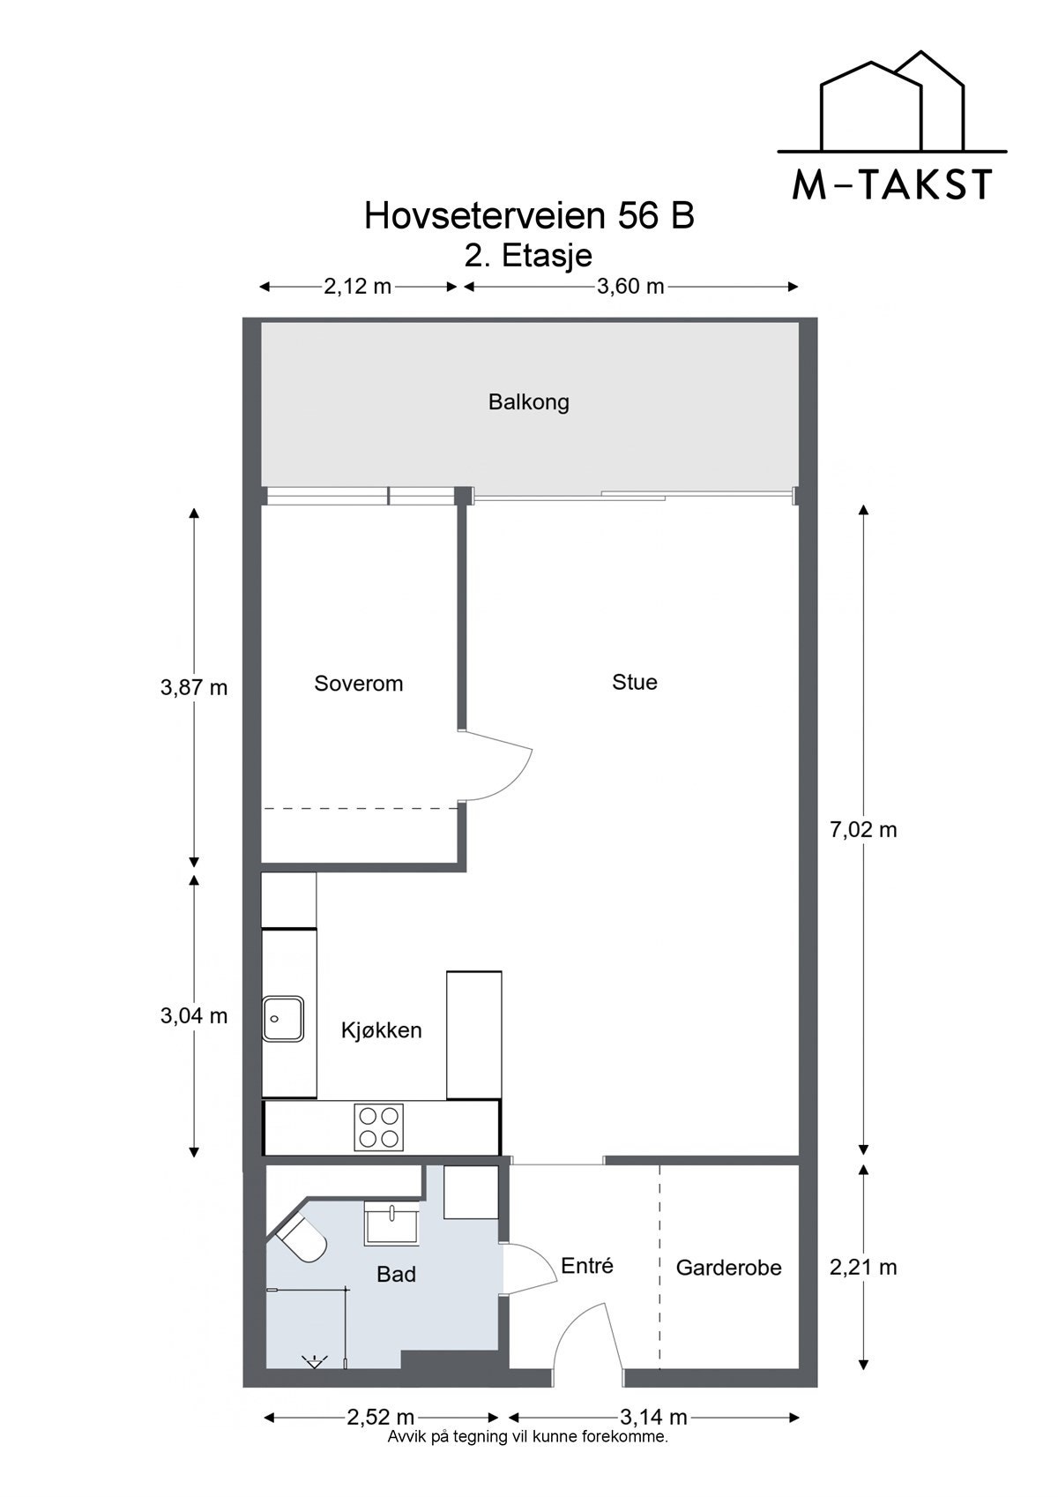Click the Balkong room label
point(529,402)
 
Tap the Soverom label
point(358,683)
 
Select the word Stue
point(635,682)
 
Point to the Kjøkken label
point(381,1029)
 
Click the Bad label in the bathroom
point(396,1274)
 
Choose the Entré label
point(586,1266)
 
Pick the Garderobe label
point(728,1268)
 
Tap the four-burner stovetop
point(378,1126)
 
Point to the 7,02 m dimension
point(863,829)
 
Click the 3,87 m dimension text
point(194,687)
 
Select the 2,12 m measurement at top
point(357,286)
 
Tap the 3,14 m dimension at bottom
point(652,1417)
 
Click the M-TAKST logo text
point(892,184)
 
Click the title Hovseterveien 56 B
point(529,216)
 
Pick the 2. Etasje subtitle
point(529,256)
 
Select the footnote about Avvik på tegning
point(527,1436)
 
